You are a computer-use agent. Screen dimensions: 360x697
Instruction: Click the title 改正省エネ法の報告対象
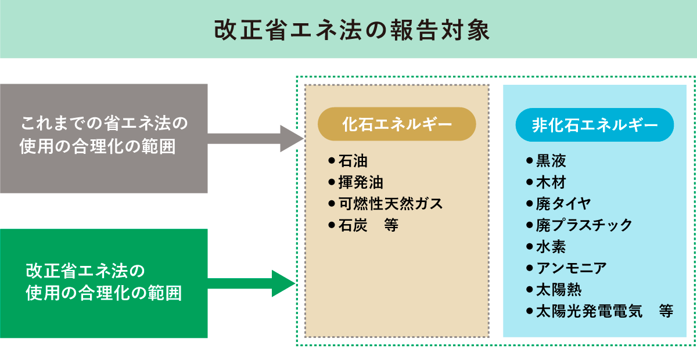pyautogui.click(x=348, y=30)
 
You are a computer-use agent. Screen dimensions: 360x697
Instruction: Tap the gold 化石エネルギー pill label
pyautogui.click(x=397, y=124)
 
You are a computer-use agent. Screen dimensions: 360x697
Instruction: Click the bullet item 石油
pyautogui.click(x=353, y=161)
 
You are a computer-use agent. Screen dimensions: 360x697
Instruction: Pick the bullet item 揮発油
pyautogui.click(x=360, y=182)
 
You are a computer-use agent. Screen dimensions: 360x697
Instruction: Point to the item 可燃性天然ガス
pyautogui.click(x=390, y=204)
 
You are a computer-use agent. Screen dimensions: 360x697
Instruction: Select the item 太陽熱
pyautogui.click(x=558, y=290)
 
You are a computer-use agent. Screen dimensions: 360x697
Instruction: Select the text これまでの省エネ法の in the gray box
pyautogui.click(x=105, y=124)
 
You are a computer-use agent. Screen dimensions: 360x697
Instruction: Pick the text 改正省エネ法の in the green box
pyautogui.click(x=84, y=271)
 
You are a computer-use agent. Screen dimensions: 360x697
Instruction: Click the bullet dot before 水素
pyautogui.click(x=529, y=247)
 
